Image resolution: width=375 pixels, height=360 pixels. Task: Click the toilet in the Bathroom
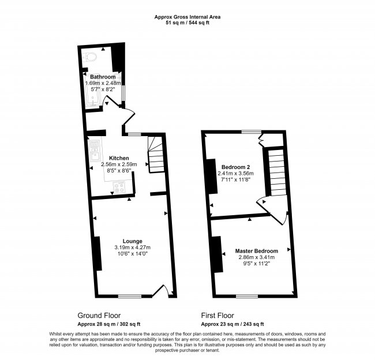[x=89, y=58]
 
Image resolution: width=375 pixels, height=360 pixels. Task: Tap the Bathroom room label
[x=103, y=77]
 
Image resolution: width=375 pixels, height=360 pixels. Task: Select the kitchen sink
[x=95, y=151]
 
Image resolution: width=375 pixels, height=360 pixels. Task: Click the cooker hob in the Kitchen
[x=119, y=187]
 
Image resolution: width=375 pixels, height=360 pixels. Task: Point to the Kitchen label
[x=119, y=158]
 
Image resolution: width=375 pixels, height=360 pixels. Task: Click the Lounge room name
[x=133, y=241]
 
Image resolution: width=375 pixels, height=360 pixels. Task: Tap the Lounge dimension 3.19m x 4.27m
[x=133, y=247]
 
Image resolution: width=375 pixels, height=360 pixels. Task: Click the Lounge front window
[x=130, y=296]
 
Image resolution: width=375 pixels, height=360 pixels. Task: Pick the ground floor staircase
[x=156, y=154]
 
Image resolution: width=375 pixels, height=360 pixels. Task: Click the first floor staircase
[x=277, y=172]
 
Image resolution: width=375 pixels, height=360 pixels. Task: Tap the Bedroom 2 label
[x=235, y=167]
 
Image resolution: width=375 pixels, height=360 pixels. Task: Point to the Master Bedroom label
[x=257, y=251]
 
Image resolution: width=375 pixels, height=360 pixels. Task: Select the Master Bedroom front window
[x=247, y=296]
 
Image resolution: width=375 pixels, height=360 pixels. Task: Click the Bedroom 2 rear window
[x=252, y=132]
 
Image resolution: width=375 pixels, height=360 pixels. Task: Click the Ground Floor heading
[x=99, y=316]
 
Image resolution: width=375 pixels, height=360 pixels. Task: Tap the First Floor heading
[x=217, y=316]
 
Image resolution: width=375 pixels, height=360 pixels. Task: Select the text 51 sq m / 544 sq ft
[x=187, y=23]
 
